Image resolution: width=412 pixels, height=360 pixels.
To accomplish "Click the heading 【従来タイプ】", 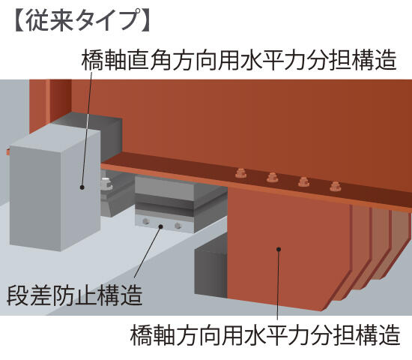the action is click(x=82, y=22).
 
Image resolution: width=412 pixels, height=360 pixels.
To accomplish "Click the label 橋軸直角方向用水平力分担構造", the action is click(x=239, y=60).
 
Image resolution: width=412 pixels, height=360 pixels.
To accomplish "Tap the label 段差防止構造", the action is click(x=75, y=295).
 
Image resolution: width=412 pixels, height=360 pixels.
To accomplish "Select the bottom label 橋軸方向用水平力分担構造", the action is click(x=265, y=334).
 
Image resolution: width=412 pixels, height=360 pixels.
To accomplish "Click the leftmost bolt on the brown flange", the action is click(x=240, y=172).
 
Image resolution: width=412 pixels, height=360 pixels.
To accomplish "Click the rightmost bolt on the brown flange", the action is click(x=335, y=186).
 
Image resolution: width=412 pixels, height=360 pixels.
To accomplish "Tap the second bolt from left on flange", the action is click(x=272, y=177).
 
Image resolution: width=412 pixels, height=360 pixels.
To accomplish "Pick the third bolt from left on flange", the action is click(x=303, y=181).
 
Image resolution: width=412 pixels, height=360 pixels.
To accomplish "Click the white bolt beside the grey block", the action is click(x=106, y=184).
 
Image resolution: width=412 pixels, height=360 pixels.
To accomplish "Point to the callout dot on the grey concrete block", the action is click(x=82, y=187).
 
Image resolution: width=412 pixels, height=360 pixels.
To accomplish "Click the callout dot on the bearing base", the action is click(x=160, y=226).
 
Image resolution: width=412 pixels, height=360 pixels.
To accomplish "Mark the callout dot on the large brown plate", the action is click(x=279, y=249).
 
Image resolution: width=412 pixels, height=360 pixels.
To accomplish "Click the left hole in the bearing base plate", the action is click(x=145, y=221).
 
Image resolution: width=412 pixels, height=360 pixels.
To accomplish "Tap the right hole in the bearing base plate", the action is click(x=178, y=226).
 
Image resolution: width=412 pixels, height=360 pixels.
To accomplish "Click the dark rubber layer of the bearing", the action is click(x=164, y=202).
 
